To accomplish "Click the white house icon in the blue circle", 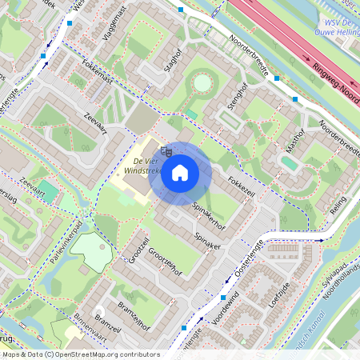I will [x=180, y=172].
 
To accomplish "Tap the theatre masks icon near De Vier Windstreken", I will [x=166, y=149].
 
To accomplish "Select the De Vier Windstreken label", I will [x=143, y=170].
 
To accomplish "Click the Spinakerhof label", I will [x=209, y=215].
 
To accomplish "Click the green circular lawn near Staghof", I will [x=202, y=82].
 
